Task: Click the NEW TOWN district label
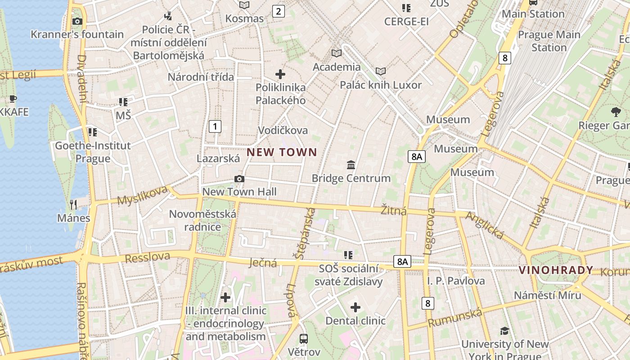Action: [x=282, y=152]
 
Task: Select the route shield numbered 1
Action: [x=215, y=126]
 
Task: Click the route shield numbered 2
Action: [x=278, y=11]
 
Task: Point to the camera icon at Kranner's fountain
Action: [x=77, y=21]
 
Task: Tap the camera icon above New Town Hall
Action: [x=239, y=179]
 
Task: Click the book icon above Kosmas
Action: [x=244, y=5]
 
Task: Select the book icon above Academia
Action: [x=337, y=54]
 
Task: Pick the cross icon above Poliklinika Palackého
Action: [x=280, y=74]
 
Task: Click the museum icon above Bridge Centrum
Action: [x=351, y=165]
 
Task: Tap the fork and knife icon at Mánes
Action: [x=73, y=205]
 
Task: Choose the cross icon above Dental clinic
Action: [x=355, y=308]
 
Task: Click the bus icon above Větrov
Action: [x=304, y=338]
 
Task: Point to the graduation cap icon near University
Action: [x=504, y=331]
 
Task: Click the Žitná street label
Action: [x=393, y=210]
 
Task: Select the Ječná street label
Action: [x=262, y=262]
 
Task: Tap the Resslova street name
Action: [x=148, y=258]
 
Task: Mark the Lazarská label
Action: [x=218, y=158]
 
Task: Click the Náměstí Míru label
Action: [x=547, y=295]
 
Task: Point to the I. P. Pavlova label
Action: [x=456, y=281]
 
